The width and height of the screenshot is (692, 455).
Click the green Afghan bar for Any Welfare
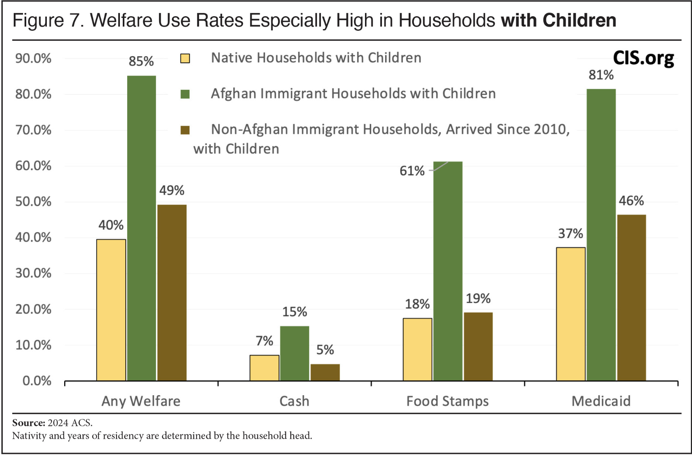pos(141,228)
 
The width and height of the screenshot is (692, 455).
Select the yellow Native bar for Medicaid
pos(570,314)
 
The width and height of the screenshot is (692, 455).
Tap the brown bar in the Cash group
pos(325,372)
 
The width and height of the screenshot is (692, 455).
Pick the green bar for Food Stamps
pos(448,271)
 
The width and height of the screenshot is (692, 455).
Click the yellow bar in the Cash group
pos(264,368)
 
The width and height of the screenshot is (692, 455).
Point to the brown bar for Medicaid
pos(631,298)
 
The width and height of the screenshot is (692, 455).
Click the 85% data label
pos(141,61)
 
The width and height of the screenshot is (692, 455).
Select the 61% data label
pos(412,171)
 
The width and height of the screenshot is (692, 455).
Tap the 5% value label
pos(325,350)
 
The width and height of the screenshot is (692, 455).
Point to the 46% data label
pos(631,201)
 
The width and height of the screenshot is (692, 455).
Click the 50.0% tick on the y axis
pos(34,202)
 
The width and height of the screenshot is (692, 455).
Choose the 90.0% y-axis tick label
pos(34,59)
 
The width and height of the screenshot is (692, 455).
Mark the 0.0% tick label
pos(37,381)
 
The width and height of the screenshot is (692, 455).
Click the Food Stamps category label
pos(447,401)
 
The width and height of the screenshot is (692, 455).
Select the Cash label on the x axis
pos(294,401)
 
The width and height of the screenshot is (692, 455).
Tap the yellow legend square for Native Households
pos(185,59)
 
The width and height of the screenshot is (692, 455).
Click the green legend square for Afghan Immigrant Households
pos(185,94)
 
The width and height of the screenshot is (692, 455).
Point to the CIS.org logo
pos(643,58)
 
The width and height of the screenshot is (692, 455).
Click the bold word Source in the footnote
pos(28,423)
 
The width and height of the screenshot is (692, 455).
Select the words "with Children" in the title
pos(558,21)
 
